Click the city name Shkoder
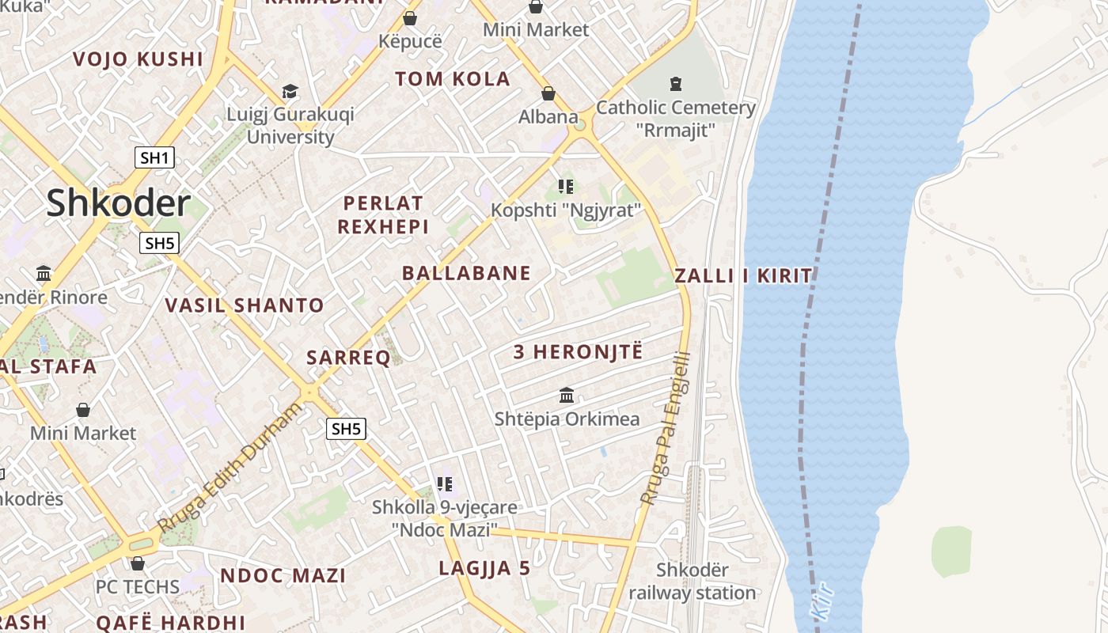118,203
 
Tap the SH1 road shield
154,157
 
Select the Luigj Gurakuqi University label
290,125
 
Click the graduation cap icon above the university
290,92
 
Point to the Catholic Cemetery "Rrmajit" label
676,118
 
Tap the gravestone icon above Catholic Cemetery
676,83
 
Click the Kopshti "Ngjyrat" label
565,210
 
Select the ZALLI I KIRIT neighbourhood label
742,276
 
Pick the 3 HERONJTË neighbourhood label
578,352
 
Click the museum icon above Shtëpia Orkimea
567,395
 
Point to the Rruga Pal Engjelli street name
666,428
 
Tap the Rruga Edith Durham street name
230,467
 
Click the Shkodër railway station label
692,581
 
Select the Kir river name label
823,601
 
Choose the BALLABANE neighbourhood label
466,274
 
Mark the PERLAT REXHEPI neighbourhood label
383,215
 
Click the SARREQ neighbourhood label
348,358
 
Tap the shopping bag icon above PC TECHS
138,563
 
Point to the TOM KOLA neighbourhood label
453,79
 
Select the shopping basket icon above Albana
548,94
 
